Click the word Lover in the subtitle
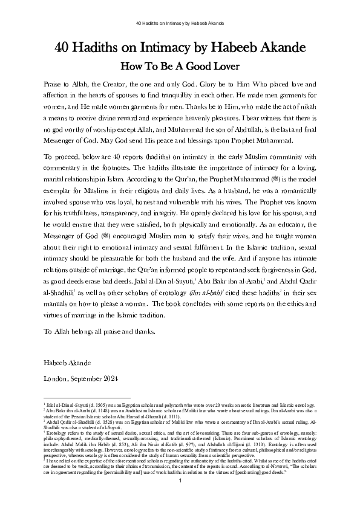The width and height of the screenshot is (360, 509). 225,66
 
